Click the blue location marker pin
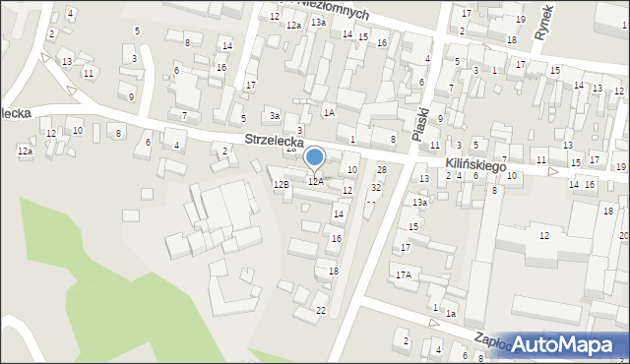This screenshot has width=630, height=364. (315, 157)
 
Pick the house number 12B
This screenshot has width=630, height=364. (281, 184)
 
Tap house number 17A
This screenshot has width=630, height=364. (403, 274)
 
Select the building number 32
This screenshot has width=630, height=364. (376, 187)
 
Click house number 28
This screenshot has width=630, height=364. (382, 170)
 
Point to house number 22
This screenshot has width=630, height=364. (320, 311)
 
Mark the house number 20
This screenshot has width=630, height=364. (624, 236)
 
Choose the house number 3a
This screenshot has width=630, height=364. (276, 115)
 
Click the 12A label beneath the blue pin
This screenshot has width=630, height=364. (315, 181)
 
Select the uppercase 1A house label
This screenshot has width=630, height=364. (329, 113)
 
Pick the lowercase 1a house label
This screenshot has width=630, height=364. (450, 313)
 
